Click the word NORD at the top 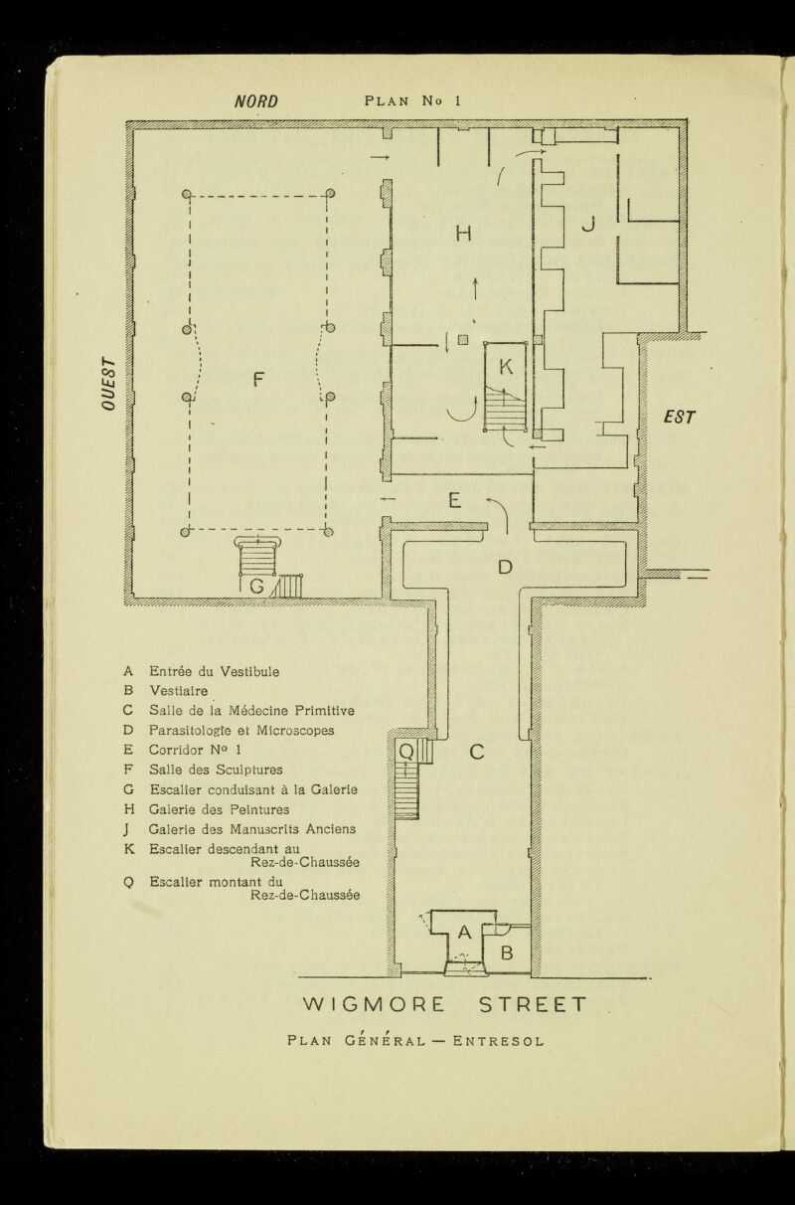pos(254,100)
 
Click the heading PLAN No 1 pos(414,100)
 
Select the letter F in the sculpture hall pos(258,379)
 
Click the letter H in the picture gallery pos(462,234)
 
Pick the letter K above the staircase pos(505,366)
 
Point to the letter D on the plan pos(505,568)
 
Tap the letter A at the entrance pos(463,932)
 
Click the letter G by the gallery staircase pos(256,587)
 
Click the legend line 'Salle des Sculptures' pos(216,770)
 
